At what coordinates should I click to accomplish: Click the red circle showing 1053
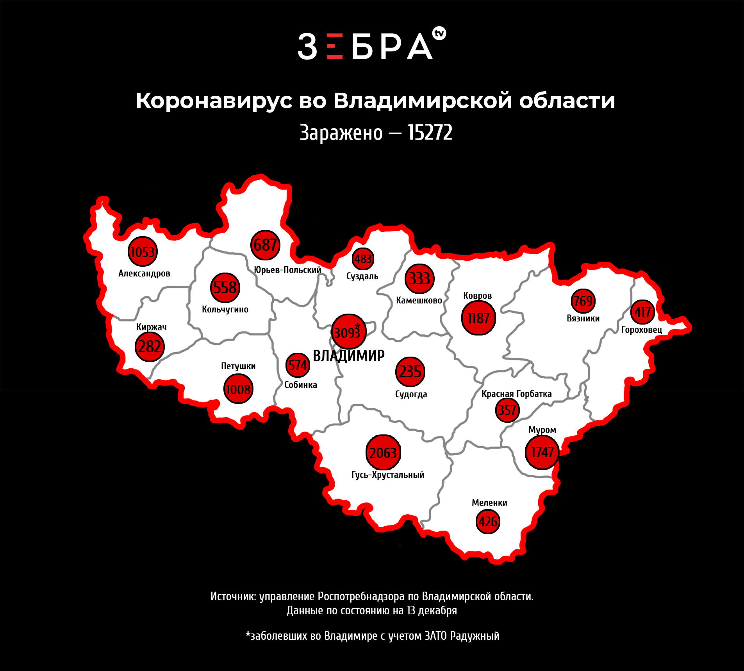143,252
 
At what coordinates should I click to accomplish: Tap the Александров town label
144,273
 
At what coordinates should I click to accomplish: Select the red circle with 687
265,245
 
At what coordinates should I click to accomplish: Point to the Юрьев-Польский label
287,270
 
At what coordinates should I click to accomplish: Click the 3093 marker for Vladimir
348,332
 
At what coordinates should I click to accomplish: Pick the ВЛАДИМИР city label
349,356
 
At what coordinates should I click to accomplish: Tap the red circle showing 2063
383,452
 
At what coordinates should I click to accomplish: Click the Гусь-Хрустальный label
388,475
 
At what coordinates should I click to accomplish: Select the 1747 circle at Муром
542,452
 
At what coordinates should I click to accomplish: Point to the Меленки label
489,503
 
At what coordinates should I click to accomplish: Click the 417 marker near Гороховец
642,312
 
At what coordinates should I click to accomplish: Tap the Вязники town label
583,318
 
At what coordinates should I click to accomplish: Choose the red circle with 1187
478,318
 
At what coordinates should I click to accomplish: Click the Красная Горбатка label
516,394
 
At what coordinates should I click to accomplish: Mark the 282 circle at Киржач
150,347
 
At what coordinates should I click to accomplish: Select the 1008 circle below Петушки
238,389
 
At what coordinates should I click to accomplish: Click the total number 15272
430,133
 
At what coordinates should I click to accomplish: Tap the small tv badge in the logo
439,34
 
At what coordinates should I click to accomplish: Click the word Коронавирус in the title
214,101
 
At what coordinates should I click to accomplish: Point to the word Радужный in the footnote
475,636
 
